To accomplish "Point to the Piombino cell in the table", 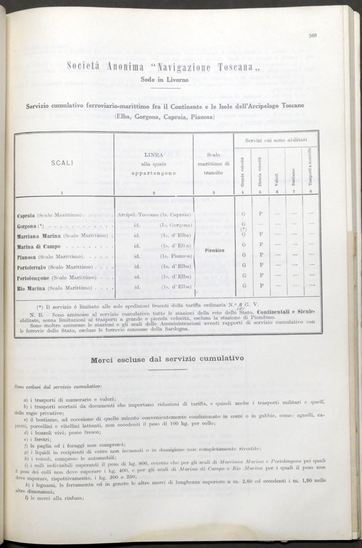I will point(213,251).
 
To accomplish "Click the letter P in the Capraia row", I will point(261,214).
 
